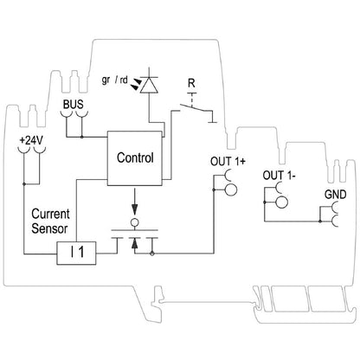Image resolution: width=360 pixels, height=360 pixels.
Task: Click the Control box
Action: pos(134,159)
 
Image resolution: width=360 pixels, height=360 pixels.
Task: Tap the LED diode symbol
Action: pos(151,85)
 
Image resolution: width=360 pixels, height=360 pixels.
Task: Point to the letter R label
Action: pos(191,84)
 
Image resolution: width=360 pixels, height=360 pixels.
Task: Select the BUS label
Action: pos(74,106)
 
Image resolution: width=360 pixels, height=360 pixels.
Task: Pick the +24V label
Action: pos(29,138)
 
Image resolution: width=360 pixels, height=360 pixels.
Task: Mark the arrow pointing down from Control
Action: pos(134,210)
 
